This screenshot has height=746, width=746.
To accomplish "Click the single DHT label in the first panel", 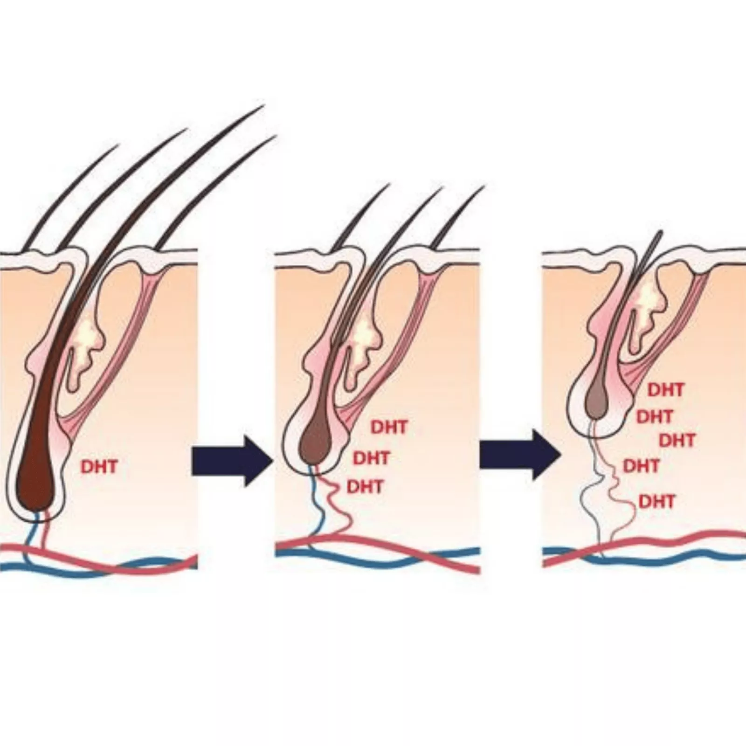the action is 99,467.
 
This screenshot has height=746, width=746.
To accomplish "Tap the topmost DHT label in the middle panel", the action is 389,427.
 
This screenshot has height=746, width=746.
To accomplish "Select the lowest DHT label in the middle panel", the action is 365,487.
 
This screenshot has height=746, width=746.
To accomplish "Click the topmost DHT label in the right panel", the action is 666,390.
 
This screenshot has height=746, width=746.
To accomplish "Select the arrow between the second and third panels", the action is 520,454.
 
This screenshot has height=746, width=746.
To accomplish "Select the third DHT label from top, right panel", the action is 677,440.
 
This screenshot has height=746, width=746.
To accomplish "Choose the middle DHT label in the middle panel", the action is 372,458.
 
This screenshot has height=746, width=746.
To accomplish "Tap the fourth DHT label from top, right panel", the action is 642,465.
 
